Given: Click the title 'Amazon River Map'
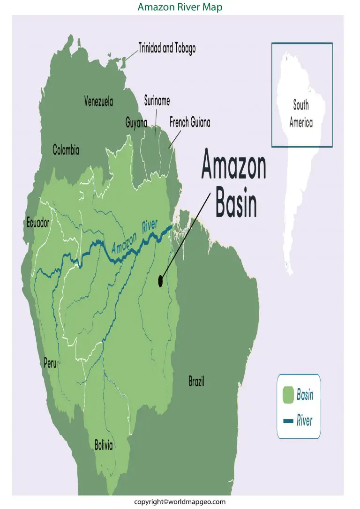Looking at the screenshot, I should click(x=180, y=7).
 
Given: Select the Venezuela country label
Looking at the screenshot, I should click(x=98, y=101).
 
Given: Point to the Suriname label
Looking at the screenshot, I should click(x=157, y=101).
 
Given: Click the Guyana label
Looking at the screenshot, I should click(x=136, y=123).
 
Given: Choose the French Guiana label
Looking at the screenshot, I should click(x=190, y=123).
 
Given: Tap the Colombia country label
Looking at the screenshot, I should click(x=66, y=150).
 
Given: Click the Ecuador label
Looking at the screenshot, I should click(x=38, y=224).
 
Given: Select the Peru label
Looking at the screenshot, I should click(x=50, y=363).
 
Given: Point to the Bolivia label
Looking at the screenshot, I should click(x=104, y=445).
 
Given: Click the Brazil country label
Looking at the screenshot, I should click(x=196, y=382).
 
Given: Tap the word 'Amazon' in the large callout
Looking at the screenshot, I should click(x=233, y=167).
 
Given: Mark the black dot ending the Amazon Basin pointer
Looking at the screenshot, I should click(x=160, y=281).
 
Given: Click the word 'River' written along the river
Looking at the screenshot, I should click(x=150, y=226).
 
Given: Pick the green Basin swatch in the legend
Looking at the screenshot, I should click(x=288, y=395).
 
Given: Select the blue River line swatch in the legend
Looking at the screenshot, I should click(x=288, y=420).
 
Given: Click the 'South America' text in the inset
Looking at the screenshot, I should click(x=301, y=113).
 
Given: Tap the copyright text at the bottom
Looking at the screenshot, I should click(x=180, y=502).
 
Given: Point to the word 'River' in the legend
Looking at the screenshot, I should click(x=304, y=420).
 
